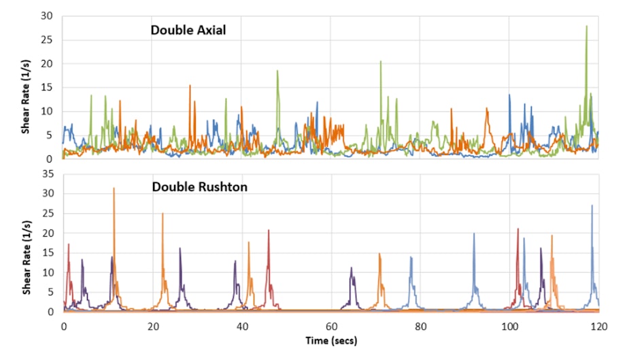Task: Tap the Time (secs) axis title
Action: (x=330, y=340)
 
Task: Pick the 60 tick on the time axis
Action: (x=330, y=325)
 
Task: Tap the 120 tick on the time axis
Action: (x=598, y=325)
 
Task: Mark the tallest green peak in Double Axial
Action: (x=586, y=27)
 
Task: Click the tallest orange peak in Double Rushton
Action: (x=114, y=188)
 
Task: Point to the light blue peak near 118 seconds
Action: (x=592, y=206)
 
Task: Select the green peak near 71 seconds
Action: (x=381, y=61)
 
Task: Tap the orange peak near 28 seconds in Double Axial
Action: (x=190, y=86)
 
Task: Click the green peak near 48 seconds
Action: (x=277, y=71)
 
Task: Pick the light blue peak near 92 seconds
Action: (x=474, y=234)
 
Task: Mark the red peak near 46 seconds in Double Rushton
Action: (x=269, y=231)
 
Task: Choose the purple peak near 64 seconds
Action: (x=352, y=268)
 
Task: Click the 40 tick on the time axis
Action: (x=241, y=325)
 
